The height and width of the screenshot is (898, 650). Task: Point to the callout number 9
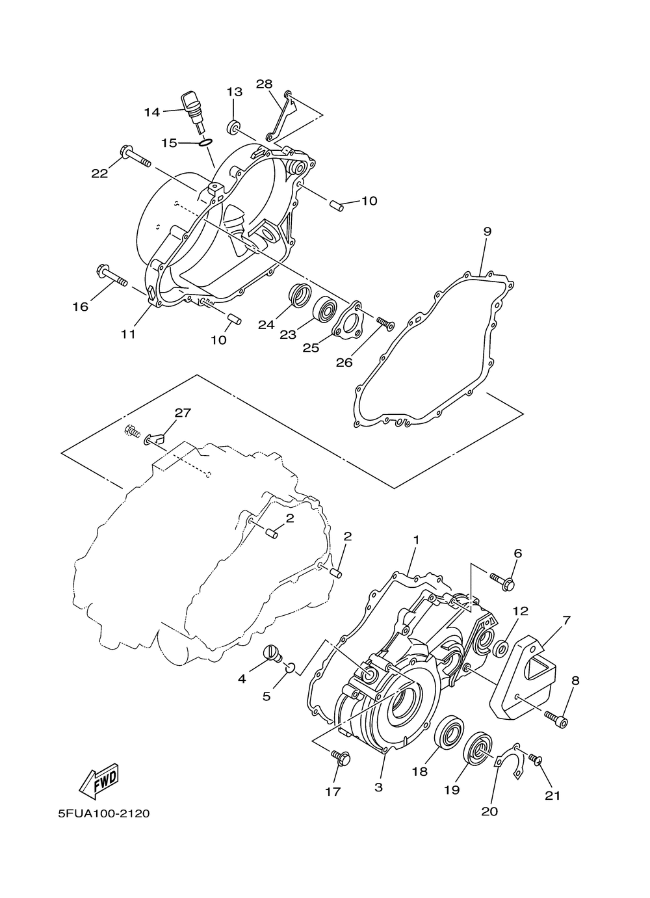(487, 231)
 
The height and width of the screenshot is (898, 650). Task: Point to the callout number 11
(128, 334)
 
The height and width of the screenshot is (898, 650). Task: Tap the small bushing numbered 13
(233, 125)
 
